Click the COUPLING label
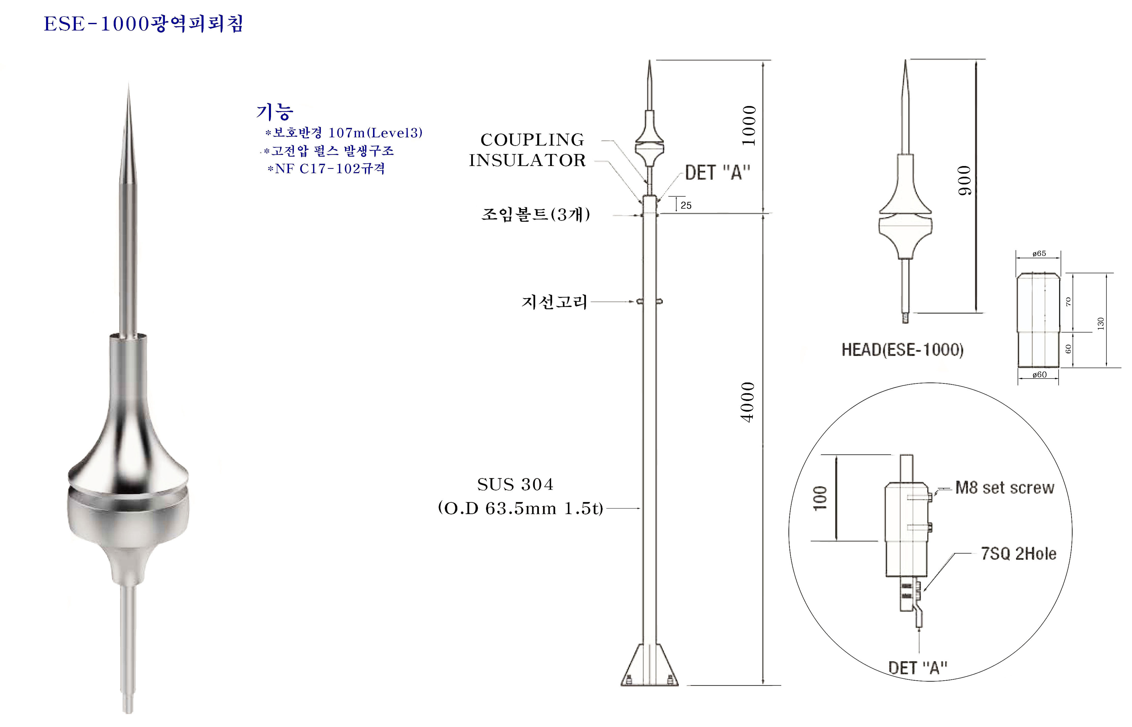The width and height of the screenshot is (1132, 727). pyautogui.click(x=532, y=140)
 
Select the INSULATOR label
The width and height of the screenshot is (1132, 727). pyautogui.click(x=527, y=160)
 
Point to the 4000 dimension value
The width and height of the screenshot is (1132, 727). pyautogui.click(x=748, y=402)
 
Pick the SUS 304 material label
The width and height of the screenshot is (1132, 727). pyautogui.click(x=515, y=484)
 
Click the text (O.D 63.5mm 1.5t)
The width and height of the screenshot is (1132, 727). pyautogui.click(x=520, y=508)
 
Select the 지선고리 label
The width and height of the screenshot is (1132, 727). pyautogui.click(x=554, y=302)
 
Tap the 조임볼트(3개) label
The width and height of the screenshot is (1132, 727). pyautogui.click(x=536, y=214)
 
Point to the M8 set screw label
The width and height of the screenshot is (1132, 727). pyautogui.click(x=1005, y=488)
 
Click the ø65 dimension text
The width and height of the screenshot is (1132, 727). pyautogui.click(x=1039, y=254)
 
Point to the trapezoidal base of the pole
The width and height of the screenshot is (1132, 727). pyautogui.click(x=649, y=665)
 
